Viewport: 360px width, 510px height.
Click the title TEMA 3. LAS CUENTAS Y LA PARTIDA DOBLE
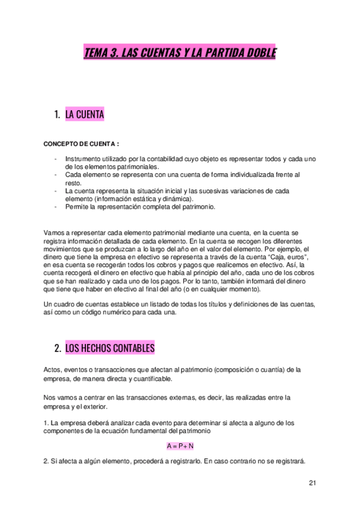[180, 54]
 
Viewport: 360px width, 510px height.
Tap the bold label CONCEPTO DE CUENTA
[81, 144]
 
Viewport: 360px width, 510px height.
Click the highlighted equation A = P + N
[180, 446]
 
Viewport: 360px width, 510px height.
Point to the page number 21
[312, 482]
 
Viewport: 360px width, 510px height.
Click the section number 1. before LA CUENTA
[58, 114]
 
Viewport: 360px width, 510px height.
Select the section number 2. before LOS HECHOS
[58, 348]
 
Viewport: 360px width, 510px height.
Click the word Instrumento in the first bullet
[82, 159]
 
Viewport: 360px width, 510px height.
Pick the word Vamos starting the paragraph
[54, 232]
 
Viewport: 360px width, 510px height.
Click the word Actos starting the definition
[53, 369]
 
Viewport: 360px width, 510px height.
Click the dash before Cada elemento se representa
[56, 174]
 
